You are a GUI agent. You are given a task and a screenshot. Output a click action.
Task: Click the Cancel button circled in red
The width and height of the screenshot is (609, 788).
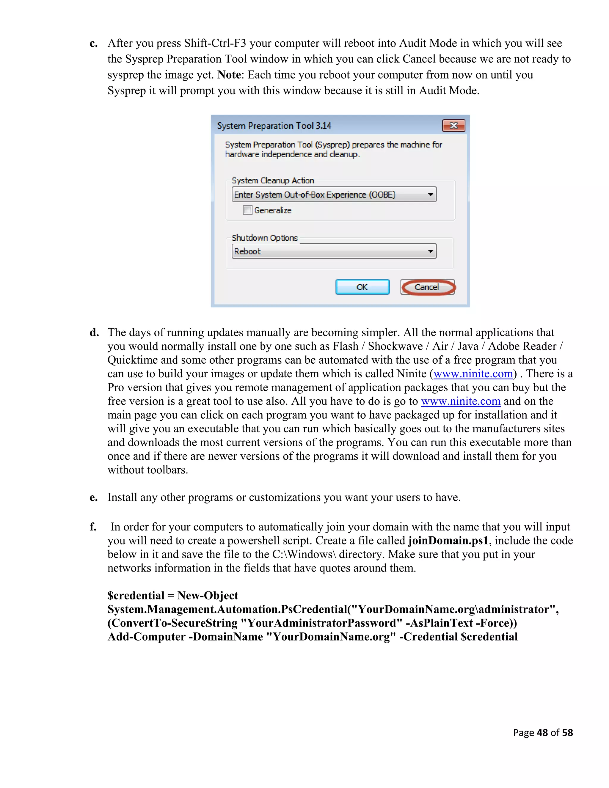[x=428, y=287]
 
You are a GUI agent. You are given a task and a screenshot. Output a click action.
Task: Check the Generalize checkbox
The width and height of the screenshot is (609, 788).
[x=247, y=210]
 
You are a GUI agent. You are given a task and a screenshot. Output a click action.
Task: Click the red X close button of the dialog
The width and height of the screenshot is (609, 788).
[x=453, y=125]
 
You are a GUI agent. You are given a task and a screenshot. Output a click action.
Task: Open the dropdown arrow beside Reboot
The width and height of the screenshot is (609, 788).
[x=430, y=251]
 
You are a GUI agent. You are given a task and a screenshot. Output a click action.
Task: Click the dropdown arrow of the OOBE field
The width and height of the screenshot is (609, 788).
[x=430, y=194]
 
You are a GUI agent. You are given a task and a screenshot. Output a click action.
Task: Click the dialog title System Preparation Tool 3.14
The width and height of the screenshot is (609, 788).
[x=274, y=125]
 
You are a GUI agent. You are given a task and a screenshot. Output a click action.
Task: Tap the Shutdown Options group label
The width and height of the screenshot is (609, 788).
[x=265, y=238]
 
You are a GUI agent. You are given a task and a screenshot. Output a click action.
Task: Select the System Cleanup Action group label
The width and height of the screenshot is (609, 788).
[x=273, y=180]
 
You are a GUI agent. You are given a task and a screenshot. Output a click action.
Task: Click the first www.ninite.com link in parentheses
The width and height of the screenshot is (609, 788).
[x=473, y=374]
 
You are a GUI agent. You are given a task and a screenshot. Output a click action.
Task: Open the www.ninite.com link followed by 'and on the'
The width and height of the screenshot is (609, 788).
[x=461, y=401]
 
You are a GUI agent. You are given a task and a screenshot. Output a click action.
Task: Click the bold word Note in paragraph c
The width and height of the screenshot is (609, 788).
[x=229, y=75]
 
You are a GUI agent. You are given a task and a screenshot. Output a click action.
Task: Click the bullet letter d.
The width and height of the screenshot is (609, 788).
[x=94, y=332]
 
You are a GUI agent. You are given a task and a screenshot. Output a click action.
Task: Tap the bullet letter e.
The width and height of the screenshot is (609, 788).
[x=94, y=497]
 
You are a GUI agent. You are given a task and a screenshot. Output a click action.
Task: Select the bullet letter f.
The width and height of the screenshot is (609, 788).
[x=93, y=527]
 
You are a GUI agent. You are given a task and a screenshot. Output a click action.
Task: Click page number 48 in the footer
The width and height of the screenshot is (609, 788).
[x=542, y=732]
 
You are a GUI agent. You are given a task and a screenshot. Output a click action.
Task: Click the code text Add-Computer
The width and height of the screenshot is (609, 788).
[x=147, y=637]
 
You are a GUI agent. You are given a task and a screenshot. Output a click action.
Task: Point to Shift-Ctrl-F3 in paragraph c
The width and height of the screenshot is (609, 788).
[x=215, y=43]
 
